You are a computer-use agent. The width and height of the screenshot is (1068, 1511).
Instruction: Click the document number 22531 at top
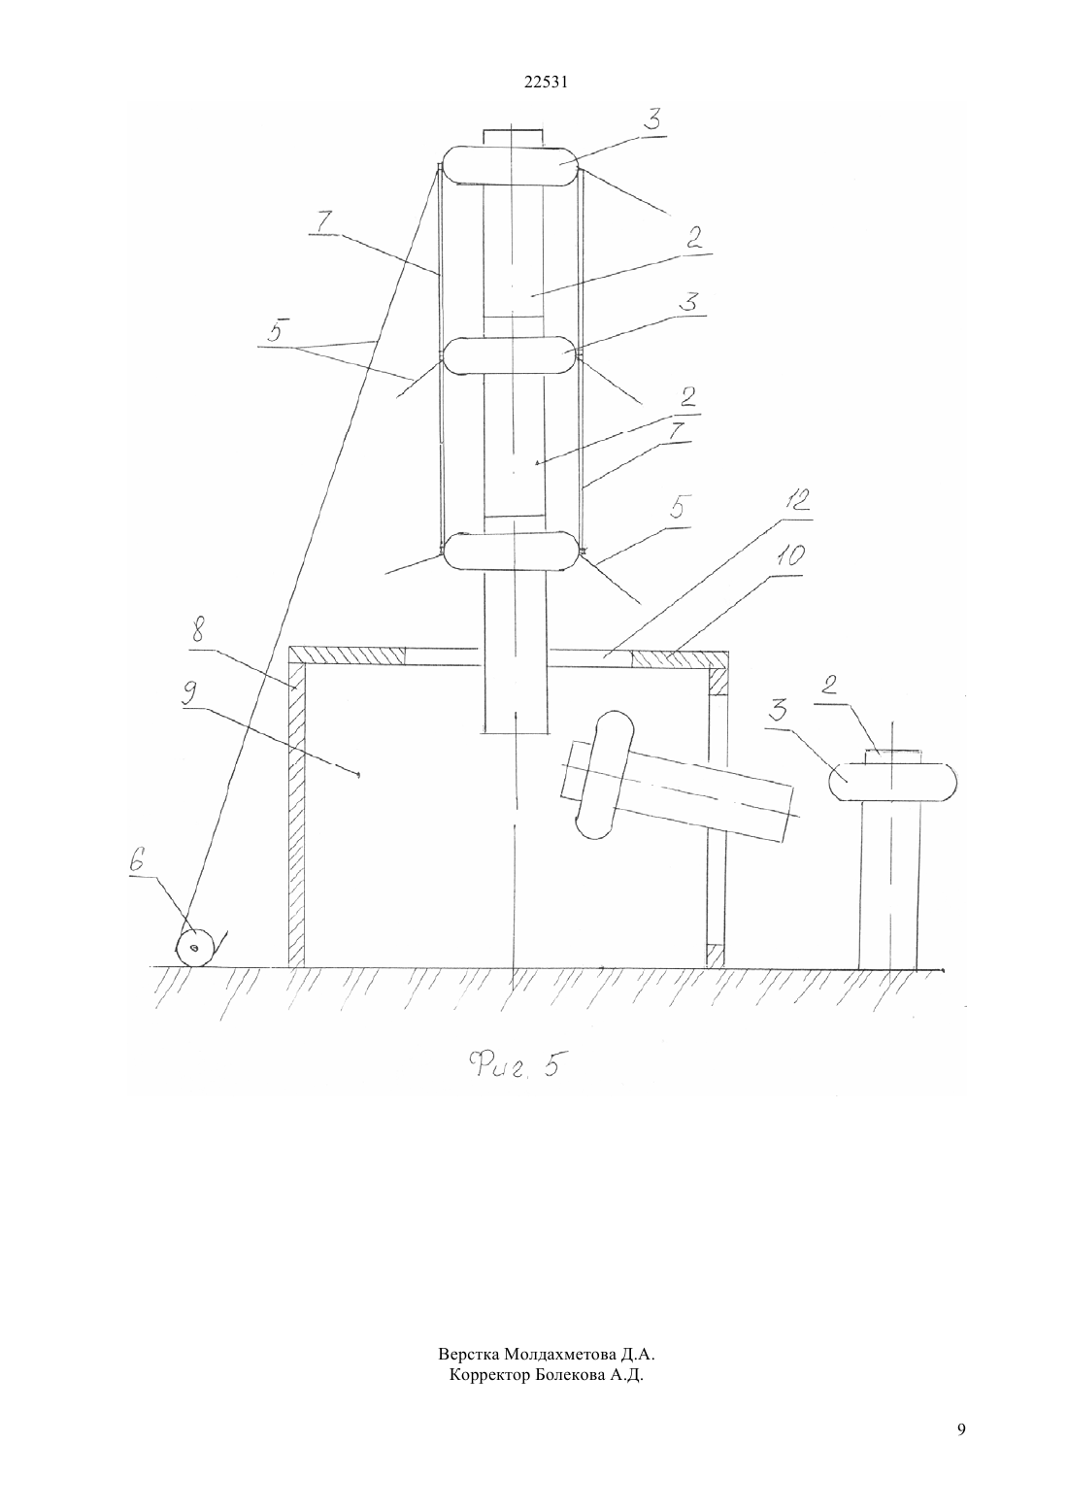(546, 83)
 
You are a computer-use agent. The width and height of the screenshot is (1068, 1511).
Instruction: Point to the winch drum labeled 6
(195, 948)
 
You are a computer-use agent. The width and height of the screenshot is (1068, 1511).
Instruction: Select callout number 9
(191, 694)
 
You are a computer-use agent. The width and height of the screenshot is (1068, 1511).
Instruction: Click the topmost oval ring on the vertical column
(511, 165)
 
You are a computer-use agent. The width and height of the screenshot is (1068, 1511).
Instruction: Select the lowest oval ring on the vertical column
(511, 552)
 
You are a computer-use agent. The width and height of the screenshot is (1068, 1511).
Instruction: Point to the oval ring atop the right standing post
(892, 782)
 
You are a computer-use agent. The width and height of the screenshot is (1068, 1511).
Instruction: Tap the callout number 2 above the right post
(829, 686)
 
